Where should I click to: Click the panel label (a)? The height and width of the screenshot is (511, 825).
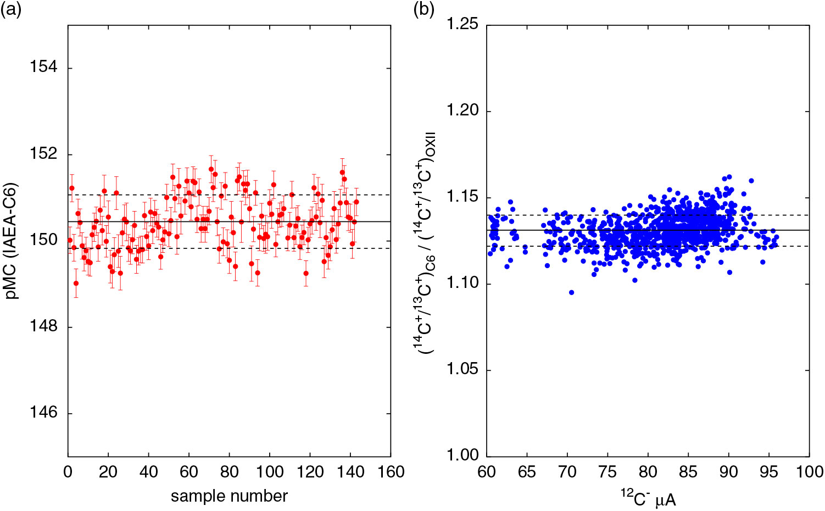click(x=10, y=10)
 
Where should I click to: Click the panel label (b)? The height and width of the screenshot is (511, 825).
click(x=423, y=10)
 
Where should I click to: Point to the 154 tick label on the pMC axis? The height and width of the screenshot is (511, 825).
click(x=44, y=68)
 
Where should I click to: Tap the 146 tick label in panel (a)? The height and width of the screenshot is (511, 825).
click(x=44, y=413)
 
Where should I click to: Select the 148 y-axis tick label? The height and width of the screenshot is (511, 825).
click(x=44, y=326)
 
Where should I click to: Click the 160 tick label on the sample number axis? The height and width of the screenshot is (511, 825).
click(x=391, y=472)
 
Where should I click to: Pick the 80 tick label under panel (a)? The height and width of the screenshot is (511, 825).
click(x=229, y=472)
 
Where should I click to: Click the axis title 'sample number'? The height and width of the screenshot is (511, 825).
click(x=229, y=497)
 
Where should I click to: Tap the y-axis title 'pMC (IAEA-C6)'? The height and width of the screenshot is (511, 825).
click(x=12, y=241)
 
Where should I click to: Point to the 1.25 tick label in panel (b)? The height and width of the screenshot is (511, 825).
click(x=462, y=25)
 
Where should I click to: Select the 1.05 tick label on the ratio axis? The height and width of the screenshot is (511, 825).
click(x=462, y=370)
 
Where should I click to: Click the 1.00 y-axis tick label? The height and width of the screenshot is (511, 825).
click(x=462, y=456)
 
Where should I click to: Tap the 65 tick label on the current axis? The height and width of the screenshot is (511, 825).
click(x=527, y=472)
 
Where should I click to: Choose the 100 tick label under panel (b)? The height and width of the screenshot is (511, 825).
click(x=809, y=472)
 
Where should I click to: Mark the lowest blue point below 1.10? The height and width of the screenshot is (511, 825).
click(x=571, y=292)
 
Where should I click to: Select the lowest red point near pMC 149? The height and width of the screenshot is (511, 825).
click(x=76, y=284)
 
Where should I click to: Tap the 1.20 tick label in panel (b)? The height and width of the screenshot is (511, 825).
click(x=462, y=111)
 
